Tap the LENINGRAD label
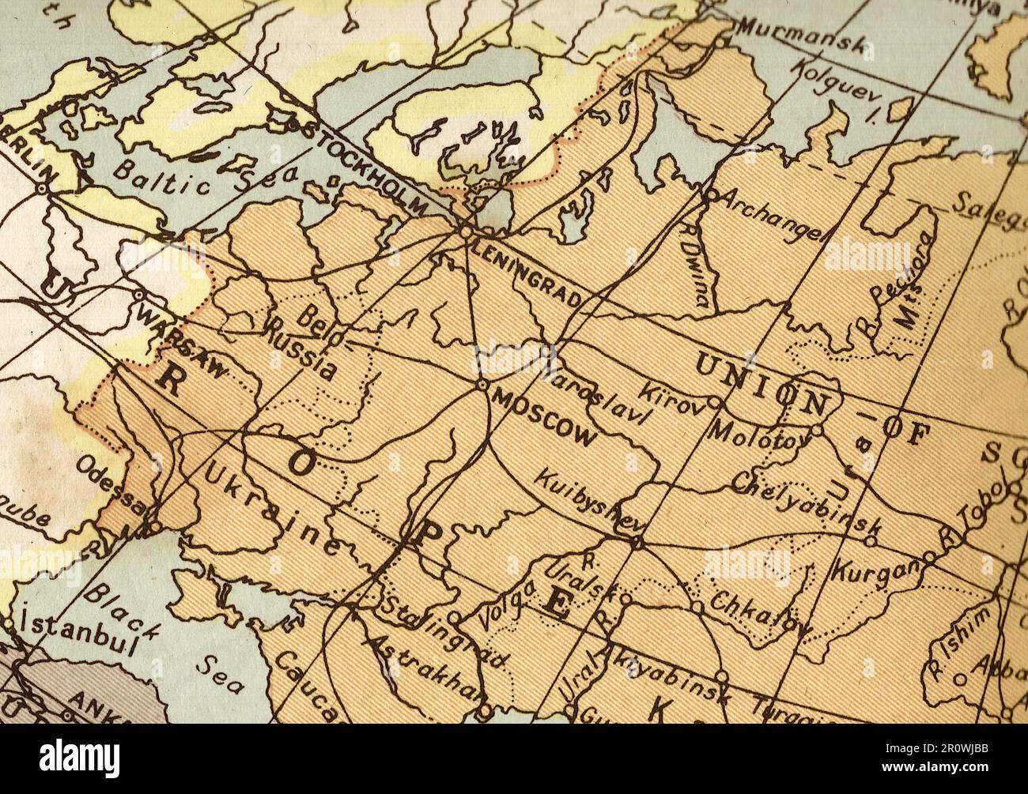click(x=528, y=273)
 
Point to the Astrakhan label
click(x=423, y=668)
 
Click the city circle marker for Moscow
click(x=482, y=385)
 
